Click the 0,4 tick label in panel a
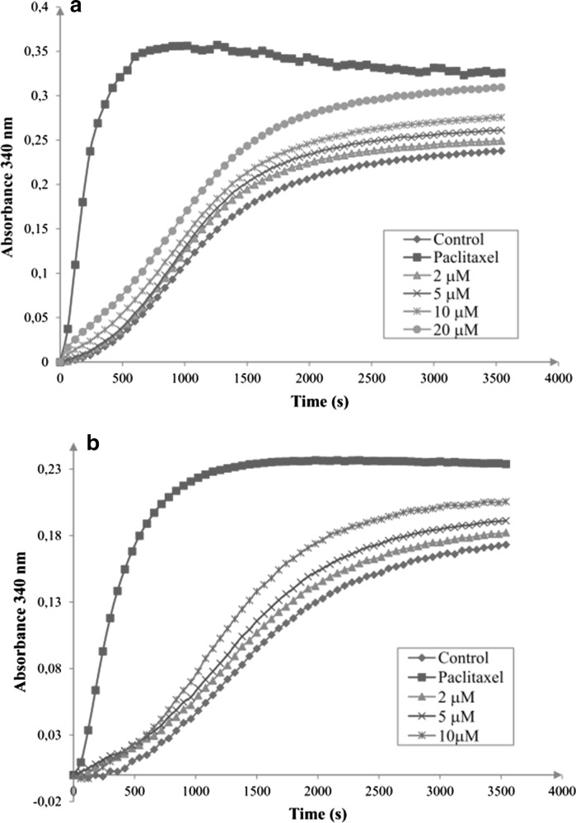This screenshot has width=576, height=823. click(40, 7)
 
